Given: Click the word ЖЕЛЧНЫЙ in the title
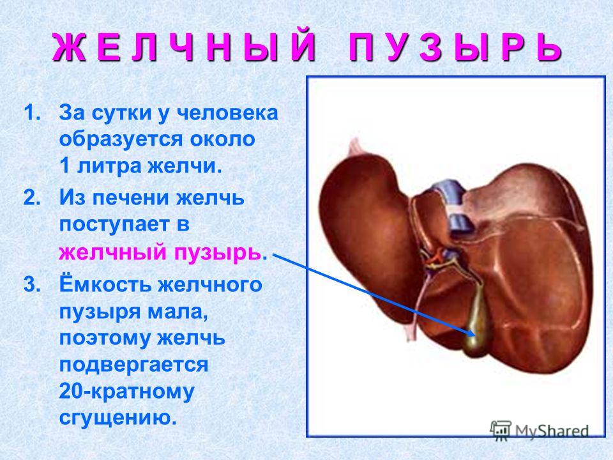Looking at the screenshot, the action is pyautogui.click(x=184, y=48).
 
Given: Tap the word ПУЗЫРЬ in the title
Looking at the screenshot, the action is pyautogui.click(x=455, y=48).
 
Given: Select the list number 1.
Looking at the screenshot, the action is pyautogui.click(x=32, y=113).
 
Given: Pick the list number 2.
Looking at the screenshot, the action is pyautogui.click(x=32, y=198).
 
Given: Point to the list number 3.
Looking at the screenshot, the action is pyautogui.click(x=32, y=284).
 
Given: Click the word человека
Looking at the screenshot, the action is pyautogui.click(x=227, y=114).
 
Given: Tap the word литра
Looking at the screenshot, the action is pyautogui.click(x=109, y=166).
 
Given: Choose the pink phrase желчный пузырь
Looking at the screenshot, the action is pyautogui.click(x=160, y=252).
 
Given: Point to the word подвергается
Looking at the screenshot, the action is pyautogui.click(x=133, y=365).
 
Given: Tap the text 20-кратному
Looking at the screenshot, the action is pyautogui.click(x=126, y=392).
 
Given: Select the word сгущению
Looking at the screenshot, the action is pyautogui.click(x=116, y=417).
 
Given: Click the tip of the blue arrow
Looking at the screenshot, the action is pyautogui.click(x=475, y=335).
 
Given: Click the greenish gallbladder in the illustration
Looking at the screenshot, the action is pyautogui.click(x=477, y=321).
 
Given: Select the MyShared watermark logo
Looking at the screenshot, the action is pyautogui.click(x=540, y=431).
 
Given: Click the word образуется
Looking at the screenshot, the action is pyautogui.click(x=121, y=140).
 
